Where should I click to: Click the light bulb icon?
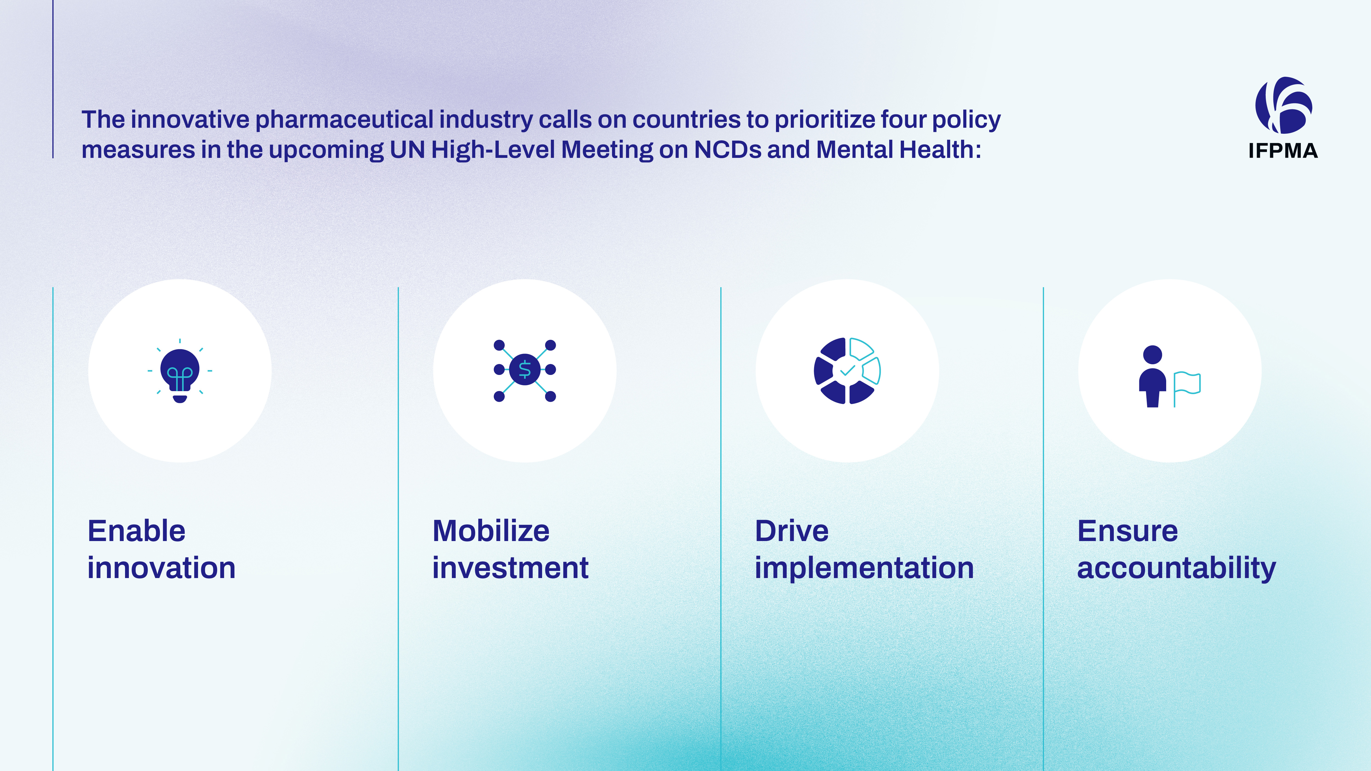pyautogui.click(x=180, y=371)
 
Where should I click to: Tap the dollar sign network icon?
pyautogui.click(x=525, y=370)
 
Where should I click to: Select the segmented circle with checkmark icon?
pyautogui.click(x=847, y=371)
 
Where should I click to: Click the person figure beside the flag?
pyautogui.click(x=1152, y=376)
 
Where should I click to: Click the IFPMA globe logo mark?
pyautogui.click(x=1283, y=105)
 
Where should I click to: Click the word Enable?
pyautogui.click(x=137, y=531)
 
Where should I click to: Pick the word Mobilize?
pyautogui.click(x=491, y=531)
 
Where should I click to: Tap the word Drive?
pyautogui.click(x=792, y=531)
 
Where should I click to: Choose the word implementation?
pyautogui.click(x=864, y=568)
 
